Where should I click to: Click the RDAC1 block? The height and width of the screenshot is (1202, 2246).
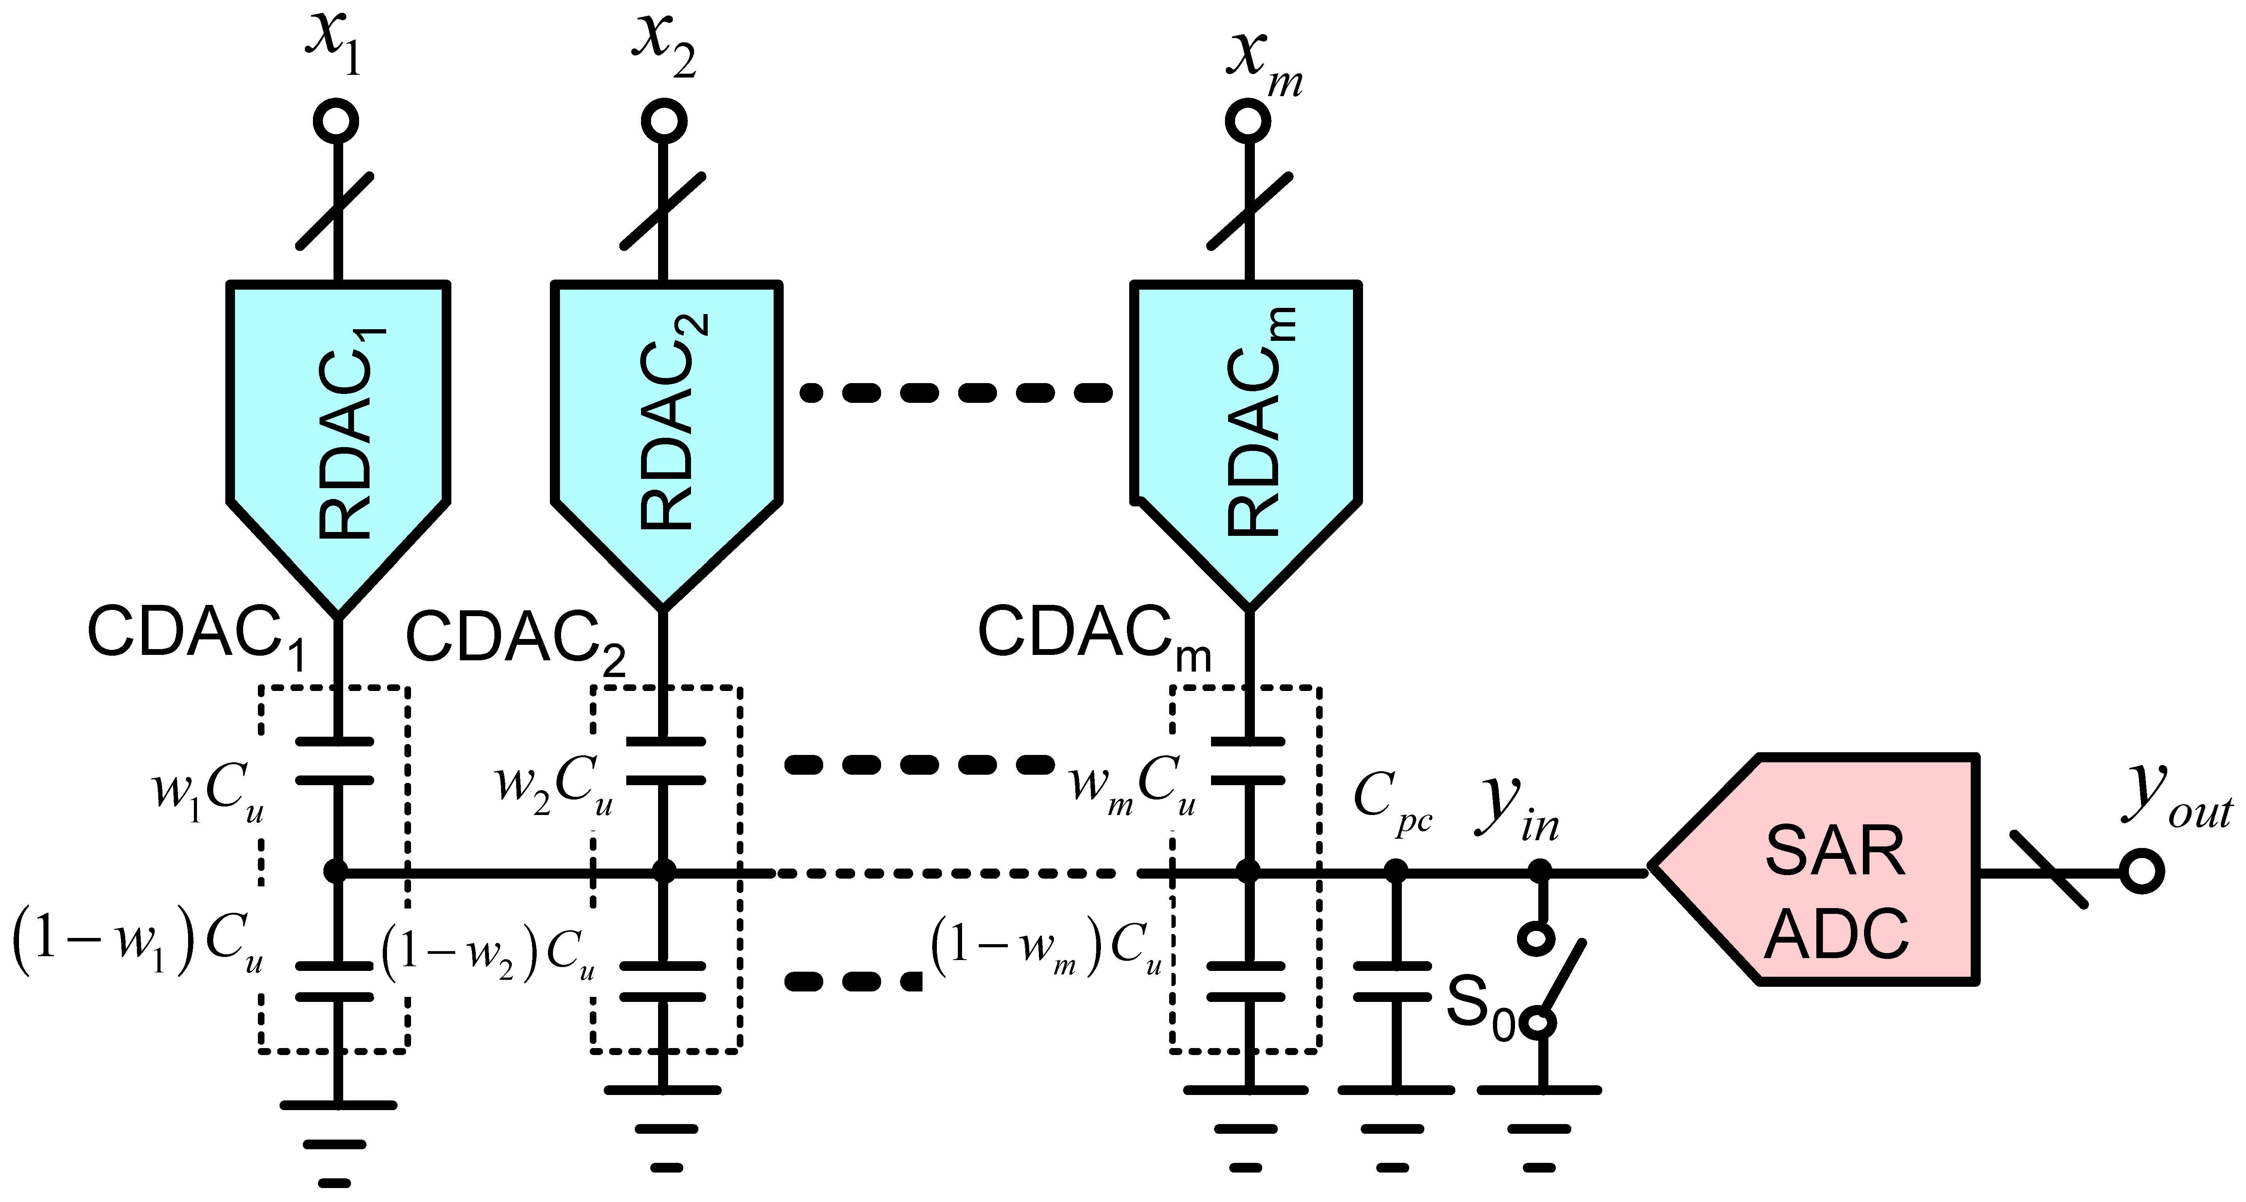point(338,427)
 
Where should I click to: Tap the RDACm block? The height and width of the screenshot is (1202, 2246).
point(1247,427)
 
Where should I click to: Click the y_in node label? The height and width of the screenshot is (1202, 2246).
point(1517,811)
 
